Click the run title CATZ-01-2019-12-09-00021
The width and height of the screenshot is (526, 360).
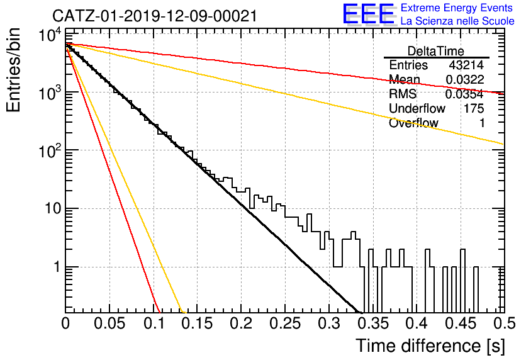[x=155, y=16]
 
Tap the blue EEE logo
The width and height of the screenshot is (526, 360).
[x=368, y=14]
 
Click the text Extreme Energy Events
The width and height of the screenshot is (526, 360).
[x=457, y=8]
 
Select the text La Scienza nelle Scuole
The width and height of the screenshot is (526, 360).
[x=457, y=21]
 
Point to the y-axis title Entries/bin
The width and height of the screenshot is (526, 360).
[x=13, y=70]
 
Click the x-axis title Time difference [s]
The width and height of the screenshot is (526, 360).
[x=430, y=346]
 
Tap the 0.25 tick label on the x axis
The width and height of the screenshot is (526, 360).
[x=284, y=323]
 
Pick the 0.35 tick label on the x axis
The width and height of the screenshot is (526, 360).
[x=373, y=323]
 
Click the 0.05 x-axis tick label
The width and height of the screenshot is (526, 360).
[x=109, y=323]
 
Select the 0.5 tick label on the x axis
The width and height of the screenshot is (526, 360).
[x=503, y=323]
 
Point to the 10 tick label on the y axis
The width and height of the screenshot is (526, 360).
[x=53, y=209]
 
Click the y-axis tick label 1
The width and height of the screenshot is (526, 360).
[x=57, y=267]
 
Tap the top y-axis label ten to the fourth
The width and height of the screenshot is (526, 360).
[x=50, y=35]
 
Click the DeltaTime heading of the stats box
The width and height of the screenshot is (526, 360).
[x=436, y=51]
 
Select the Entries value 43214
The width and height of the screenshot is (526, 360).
[x=466, y=65]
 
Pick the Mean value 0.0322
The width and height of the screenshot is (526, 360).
[x=465, y=79]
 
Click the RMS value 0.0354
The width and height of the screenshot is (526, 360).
[x=464, y=94]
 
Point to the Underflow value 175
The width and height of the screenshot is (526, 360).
[x=474, y=108]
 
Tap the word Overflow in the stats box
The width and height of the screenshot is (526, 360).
[x=413, y=123]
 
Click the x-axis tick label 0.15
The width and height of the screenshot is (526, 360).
[x=198, y=323]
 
